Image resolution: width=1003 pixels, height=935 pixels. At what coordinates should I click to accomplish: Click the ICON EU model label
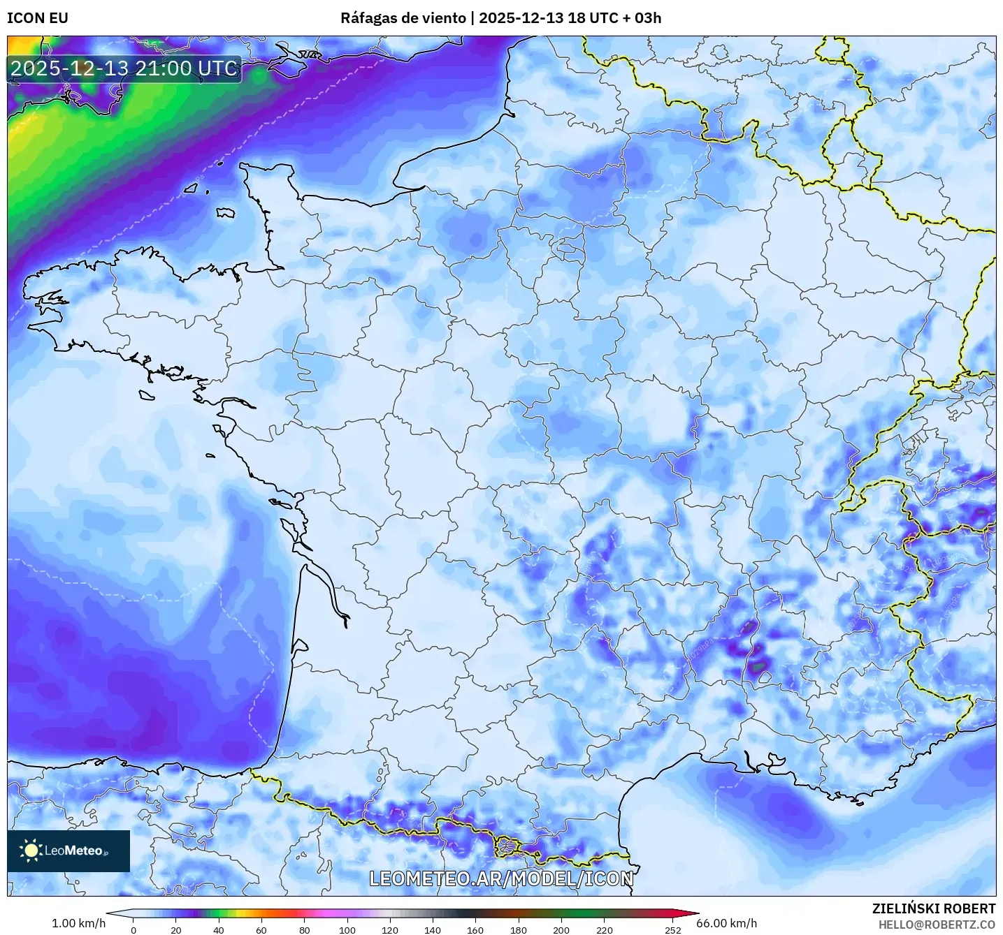[x=38, y=18]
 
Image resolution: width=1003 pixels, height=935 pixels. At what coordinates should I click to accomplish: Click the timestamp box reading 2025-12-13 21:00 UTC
[x=124, y=68]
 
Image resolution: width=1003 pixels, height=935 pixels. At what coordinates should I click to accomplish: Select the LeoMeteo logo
[x=68, y=851]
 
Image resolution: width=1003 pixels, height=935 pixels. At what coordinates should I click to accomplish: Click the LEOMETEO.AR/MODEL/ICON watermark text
[x=501, y=878]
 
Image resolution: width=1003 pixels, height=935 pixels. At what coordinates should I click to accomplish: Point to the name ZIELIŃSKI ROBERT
[x=934, y=908]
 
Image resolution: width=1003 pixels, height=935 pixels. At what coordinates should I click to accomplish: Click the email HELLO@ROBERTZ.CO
[x=937, y=924]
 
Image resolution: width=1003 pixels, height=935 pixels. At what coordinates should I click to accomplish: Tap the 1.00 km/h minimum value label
[x=78, y=923]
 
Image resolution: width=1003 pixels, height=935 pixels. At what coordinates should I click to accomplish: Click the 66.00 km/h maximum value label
[x=726, y=923]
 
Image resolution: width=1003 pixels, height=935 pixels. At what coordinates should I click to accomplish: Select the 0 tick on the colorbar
[x=134, y=929]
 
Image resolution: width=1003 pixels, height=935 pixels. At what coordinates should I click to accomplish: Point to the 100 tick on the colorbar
[x=347, y=929]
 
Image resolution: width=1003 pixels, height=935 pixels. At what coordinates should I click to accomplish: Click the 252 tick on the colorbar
[x=672, y=929]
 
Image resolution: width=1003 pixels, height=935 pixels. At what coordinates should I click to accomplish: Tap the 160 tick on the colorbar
[x=475, y=929]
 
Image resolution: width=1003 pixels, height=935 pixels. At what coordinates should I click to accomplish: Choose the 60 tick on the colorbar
[x=261, y=929]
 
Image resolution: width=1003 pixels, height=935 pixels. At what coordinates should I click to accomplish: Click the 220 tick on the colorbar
[x=604, y=929]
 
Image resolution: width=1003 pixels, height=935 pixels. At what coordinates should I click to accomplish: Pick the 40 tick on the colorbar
[x=219, y=929]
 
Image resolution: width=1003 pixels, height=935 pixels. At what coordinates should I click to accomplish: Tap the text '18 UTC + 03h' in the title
[x=614, y=18]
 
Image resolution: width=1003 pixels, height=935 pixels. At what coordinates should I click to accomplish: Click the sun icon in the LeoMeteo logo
[x=31, y=851]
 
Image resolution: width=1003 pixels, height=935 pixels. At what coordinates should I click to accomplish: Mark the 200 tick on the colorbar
[x=561, y=929]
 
